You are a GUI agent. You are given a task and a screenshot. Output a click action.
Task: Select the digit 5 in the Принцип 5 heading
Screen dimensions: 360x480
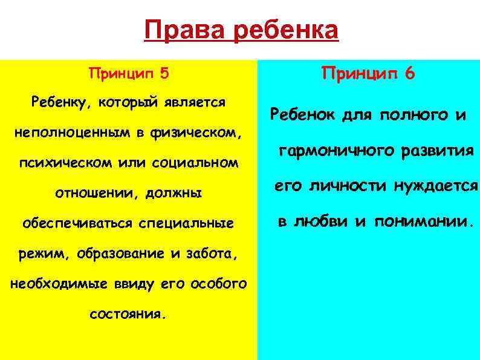(x=164, y=74)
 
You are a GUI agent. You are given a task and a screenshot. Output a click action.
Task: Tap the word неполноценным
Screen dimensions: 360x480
(x=60, y=133)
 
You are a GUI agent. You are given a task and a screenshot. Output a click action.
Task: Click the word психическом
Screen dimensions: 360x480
(x=65, y=163)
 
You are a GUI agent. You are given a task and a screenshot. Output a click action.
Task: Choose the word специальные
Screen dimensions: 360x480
(x=186, y=224)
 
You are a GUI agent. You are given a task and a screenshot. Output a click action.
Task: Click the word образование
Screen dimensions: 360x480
(x=129, y=254)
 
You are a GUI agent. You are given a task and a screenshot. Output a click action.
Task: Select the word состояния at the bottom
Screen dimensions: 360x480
(x=126, y=315)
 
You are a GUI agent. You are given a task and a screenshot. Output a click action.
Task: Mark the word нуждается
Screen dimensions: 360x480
(x=436, y=186)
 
